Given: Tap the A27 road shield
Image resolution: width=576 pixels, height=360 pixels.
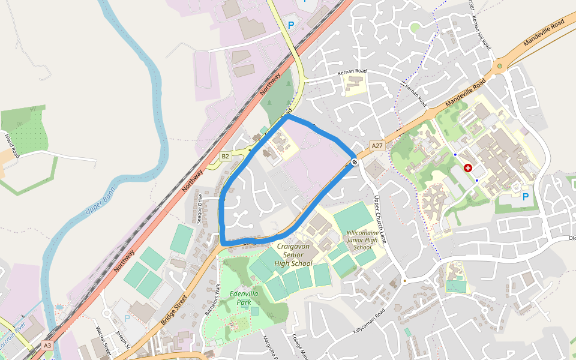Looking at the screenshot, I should pyautogui.click(x=377, y=146).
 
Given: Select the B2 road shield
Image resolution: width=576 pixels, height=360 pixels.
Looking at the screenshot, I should pyautogui.click(x=225, y=157).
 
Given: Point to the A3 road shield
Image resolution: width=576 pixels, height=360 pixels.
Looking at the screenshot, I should pyautogui.click(x=47, y=346).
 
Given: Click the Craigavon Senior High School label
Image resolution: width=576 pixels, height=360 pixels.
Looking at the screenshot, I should pyautogui.click(x=293, y=255).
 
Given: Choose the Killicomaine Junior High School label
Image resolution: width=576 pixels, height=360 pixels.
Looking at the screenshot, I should pyautogui.click(x=362, y=239).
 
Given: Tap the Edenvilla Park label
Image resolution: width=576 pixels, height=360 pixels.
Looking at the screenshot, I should pyautogui.click(x=244, y=298).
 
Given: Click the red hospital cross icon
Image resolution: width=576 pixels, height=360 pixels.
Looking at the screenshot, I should pyautogui.click(x=468, y=170).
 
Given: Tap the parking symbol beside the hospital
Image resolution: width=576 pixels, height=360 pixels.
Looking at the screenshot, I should pyautogui.click(x=526, y=197).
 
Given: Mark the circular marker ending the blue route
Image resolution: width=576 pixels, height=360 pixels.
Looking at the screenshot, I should pyautogui.click(x=355, y=162).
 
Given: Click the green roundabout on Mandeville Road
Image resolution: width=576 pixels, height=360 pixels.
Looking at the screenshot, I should pyautogui.click(x=499, y=66).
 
